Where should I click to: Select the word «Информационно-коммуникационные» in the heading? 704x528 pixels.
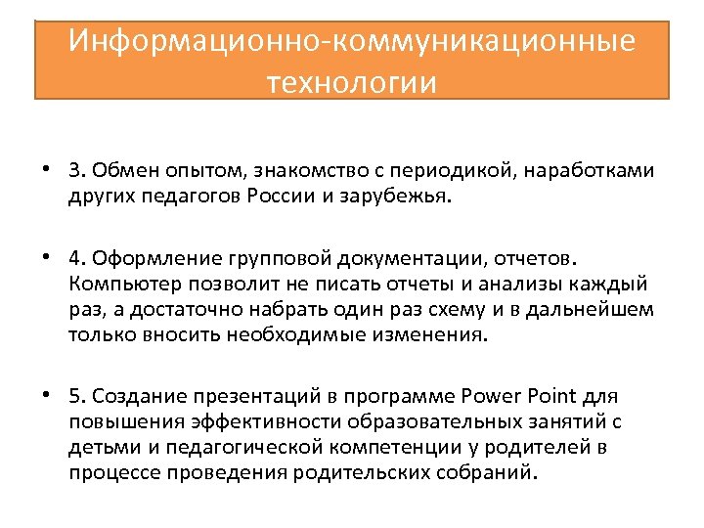click(352, 41)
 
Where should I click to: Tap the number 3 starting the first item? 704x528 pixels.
click(73, 172)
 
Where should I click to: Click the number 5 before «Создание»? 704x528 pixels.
click(73, 396)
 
